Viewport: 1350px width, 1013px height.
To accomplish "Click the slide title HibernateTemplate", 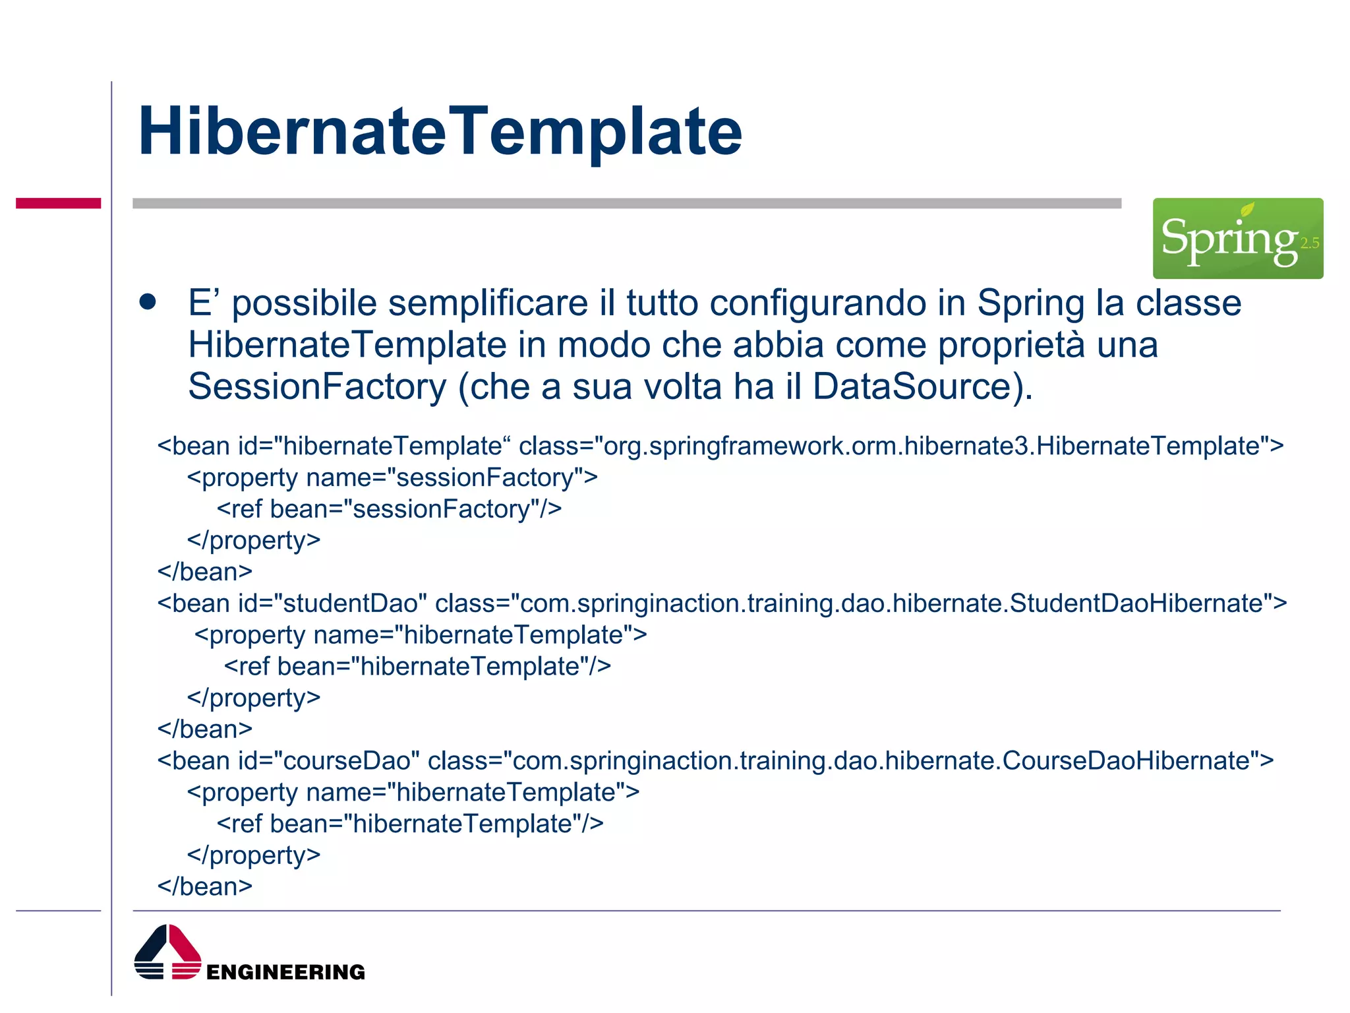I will click(x=440, y=132).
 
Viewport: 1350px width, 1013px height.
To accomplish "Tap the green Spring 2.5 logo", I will click(x=1237, y=238).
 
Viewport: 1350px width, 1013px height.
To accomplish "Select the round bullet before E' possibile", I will click(x=148, y=302).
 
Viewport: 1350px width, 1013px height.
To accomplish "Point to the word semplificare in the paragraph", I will click(x=488, y=303).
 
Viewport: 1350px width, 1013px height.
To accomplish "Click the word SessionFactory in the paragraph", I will click(x=317, y=386).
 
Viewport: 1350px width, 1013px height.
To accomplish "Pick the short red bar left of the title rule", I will click(x=58, y=203).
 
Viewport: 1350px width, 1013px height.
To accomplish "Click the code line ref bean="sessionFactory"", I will click(x=389, y=509).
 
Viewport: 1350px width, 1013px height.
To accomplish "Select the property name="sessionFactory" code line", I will click(x=392, y=477).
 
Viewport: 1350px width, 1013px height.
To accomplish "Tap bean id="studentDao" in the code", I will click(x=292, y=603).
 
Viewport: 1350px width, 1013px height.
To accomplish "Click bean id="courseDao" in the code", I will click(x=289, y=761).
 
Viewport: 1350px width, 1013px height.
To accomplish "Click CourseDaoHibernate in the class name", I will click(x=1130, y=761).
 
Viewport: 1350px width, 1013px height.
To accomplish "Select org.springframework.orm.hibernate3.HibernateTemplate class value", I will click(x=936, y=446).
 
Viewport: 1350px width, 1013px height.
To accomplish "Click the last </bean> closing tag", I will click(x=205, y=886).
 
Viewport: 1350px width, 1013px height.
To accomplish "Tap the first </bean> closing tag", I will click(x=205, y=572).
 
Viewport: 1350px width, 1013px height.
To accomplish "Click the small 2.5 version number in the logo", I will click(x=1309, y=243).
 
